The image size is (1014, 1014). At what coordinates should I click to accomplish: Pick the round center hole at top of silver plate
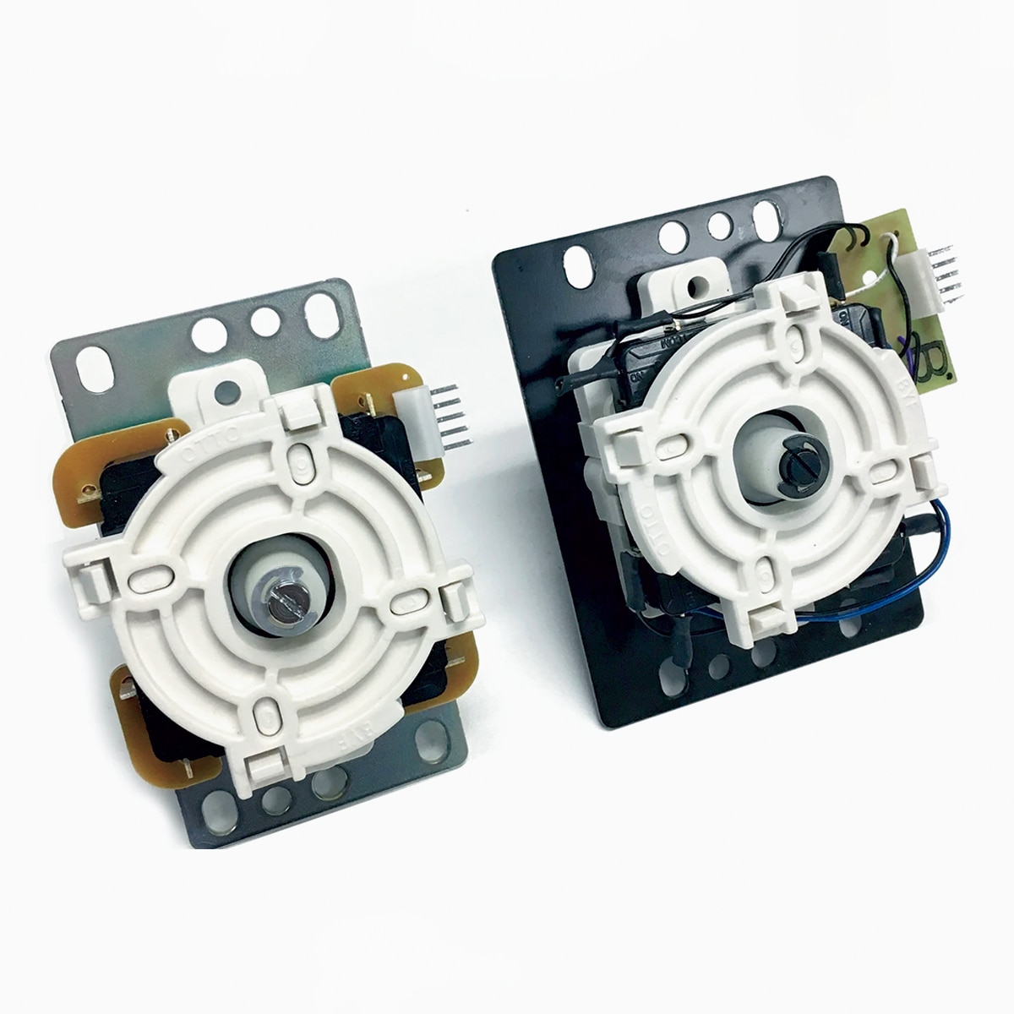264,319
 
